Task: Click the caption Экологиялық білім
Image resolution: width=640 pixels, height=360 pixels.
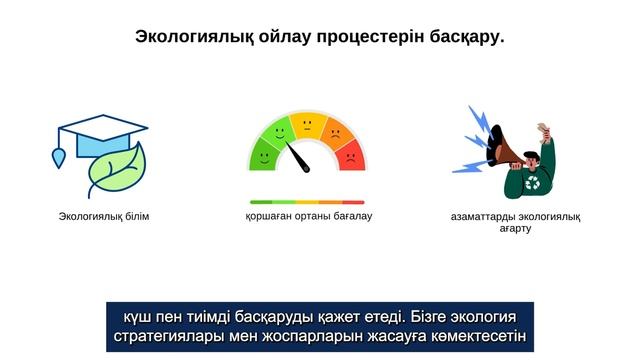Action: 104,217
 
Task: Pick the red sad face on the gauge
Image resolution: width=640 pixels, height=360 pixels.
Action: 350,155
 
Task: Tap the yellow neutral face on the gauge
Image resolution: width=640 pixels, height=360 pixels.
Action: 308,127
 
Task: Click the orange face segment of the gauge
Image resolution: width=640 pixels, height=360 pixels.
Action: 335,133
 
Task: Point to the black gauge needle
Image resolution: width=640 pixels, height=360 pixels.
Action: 298,157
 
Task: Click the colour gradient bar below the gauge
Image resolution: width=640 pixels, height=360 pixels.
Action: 307,202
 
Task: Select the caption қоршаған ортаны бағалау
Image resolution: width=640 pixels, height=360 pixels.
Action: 307,216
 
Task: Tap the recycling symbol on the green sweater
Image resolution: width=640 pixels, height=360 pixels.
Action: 533,183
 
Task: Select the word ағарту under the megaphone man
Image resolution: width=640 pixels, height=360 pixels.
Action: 515,229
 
